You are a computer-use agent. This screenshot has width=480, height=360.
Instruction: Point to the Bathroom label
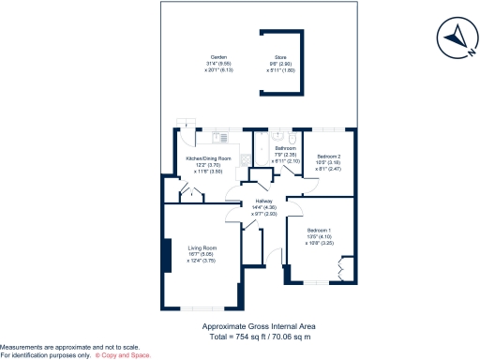click(286, 148)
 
